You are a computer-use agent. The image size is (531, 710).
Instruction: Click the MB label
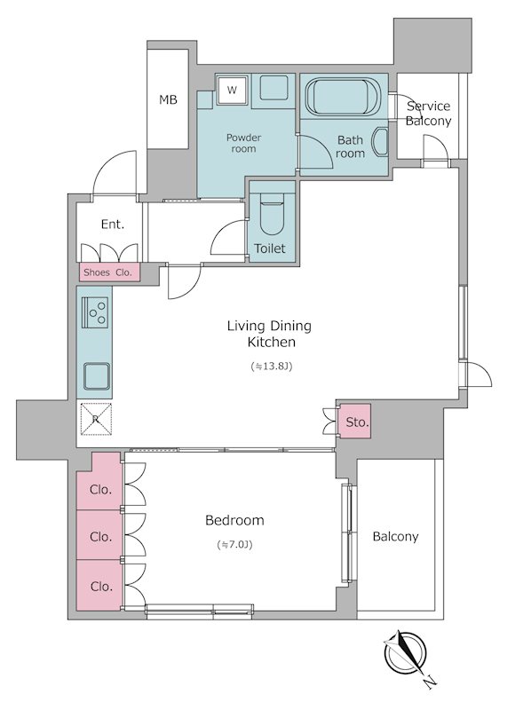tap(168, 99)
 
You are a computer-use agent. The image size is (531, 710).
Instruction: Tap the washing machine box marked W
tap(232, 90)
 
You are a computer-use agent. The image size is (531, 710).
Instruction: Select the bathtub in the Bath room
tap(343, 97)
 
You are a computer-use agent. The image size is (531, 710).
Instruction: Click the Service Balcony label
tap(428, 114)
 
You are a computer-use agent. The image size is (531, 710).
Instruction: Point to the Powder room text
tap(244, 143)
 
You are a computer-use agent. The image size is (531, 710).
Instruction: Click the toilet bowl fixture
tap(272, 213)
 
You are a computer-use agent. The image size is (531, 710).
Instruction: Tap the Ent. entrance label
tap(113, 225)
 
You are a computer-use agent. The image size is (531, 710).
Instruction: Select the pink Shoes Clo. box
tap(109, 272)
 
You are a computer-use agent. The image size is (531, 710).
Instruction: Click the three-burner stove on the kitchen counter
tap(95, 312)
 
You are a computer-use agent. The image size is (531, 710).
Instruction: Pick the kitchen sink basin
tap(96, 375)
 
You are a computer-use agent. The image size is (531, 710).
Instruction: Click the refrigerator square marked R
tap(96, 419)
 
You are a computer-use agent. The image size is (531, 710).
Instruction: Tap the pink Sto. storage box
tap(356, 422)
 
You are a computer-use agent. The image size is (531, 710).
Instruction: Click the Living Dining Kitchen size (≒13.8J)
tap(272, 367)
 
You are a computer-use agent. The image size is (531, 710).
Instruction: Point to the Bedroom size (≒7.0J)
tap(234, 545)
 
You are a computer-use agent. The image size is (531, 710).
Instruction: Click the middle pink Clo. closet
tap(99, 535)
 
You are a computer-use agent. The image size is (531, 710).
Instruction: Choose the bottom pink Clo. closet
tap(99, 585)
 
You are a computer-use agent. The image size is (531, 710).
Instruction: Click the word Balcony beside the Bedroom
tap(395, 537)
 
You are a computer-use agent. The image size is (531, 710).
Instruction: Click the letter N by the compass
tap(430, 682)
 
